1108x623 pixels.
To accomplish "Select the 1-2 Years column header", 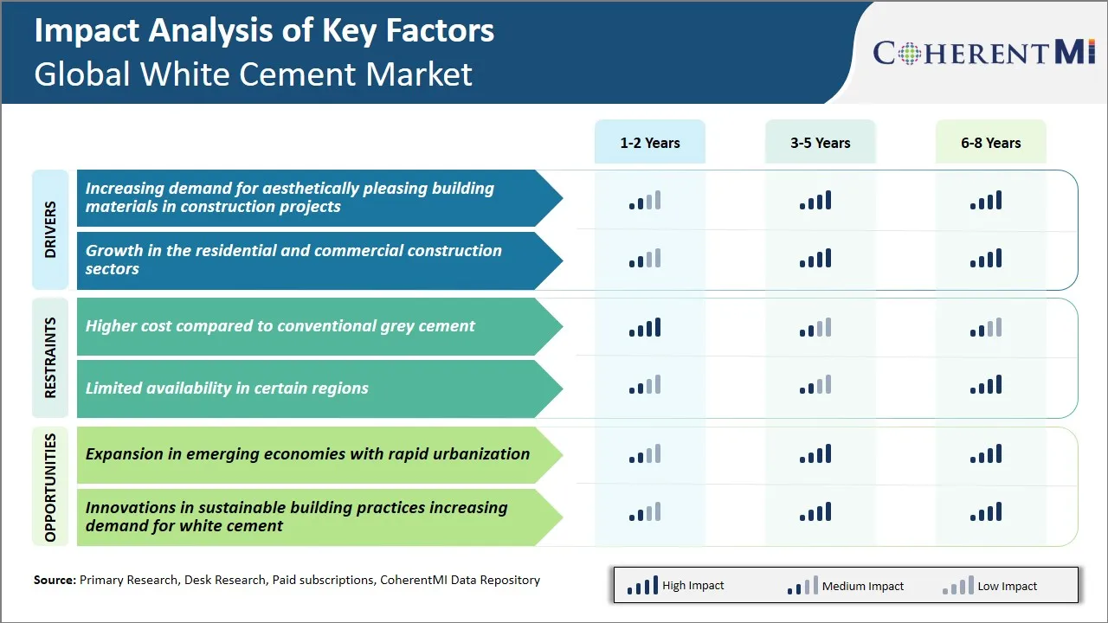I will tap(650, 143).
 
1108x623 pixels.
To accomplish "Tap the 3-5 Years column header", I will tap(821, 143).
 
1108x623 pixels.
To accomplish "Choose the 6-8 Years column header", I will tap(991, 143).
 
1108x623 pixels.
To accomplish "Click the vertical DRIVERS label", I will tap(50, 229).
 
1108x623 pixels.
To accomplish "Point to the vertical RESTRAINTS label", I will tap(50, 357).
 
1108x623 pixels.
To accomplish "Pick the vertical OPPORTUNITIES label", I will tap(50, 487).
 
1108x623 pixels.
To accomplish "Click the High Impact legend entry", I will tap(675, 586).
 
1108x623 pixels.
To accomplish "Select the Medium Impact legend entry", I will tap(845, 586).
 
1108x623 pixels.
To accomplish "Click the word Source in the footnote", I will tap(55, 580).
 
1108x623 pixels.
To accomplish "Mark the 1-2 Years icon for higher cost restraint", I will tap(645, 328).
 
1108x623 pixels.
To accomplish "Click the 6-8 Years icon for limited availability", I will tap(986, 385).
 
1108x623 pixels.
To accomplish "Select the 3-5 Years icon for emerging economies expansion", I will tap(815, 454).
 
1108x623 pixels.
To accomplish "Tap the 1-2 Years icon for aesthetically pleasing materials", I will tap(645, 201).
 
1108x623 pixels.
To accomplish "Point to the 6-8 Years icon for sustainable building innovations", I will tap(986, 512).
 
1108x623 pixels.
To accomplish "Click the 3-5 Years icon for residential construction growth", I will tap(815, 259).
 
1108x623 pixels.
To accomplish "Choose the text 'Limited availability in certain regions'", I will tap(227, 389).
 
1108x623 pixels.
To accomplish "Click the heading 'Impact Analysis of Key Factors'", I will tap(264, 31).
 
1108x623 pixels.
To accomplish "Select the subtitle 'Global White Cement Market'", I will tap(253, 74).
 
